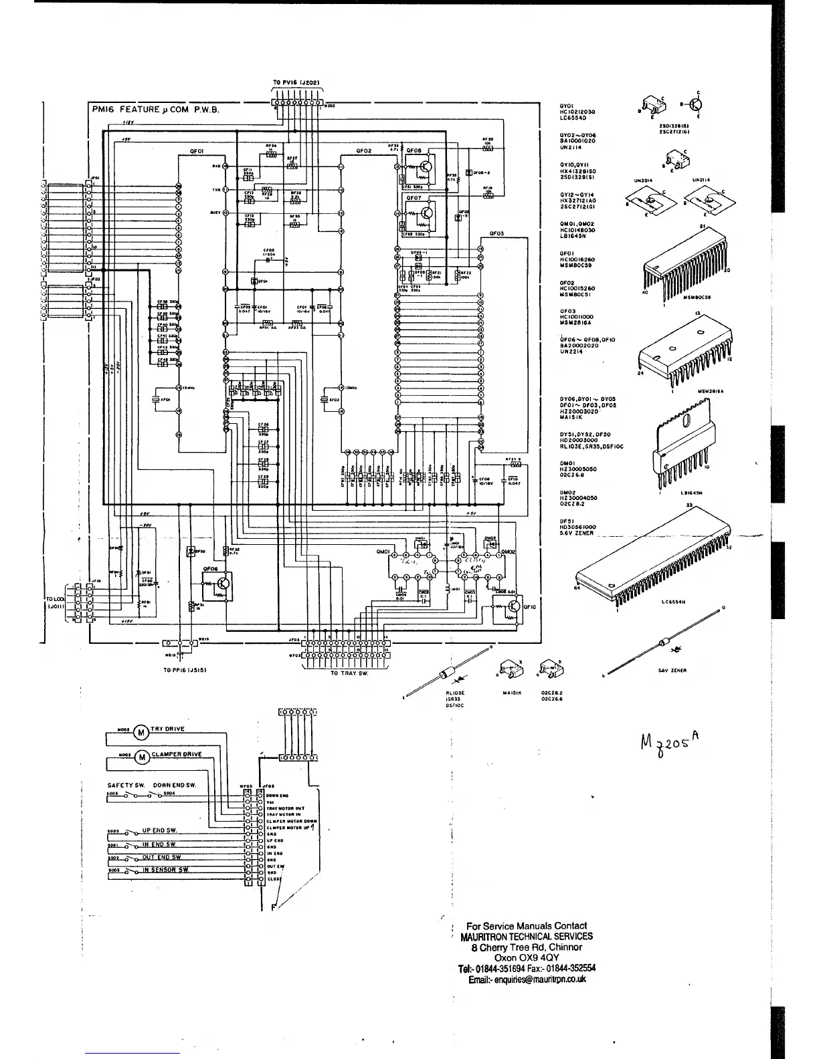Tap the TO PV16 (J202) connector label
point(298,84)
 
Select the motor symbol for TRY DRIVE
point(141,732)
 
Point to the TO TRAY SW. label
point(349,674)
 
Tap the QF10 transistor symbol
point(512,606)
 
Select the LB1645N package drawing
point(684,451)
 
